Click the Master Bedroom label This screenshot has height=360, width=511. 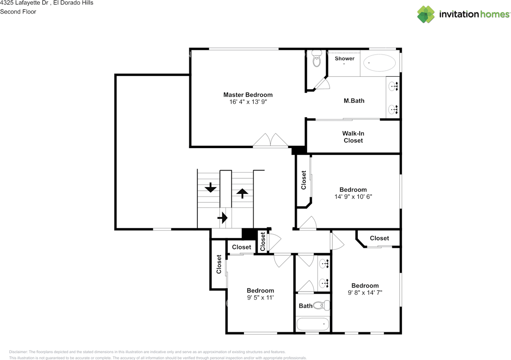248,95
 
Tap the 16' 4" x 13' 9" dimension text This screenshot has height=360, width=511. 248,102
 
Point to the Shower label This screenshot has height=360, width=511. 345,59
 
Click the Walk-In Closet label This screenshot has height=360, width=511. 353,137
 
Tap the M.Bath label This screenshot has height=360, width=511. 354,101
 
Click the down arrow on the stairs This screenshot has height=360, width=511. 210,187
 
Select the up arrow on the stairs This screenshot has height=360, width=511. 242,193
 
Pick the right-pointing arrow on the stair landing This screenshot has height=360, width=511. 222,218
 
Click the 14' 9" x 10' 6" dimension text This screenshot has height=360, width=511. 353,197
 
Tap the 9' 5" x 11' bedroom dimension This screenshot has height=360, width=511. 260,298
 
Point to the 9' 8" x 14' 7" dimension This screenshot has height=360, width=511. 365,293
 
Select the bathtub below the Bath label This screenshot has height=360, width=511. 313,324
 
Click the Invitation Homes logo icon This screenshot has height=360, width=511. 426,14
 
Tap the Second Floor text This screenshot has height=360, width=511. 18,12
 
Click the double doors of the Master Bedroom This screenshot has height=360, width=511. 271,140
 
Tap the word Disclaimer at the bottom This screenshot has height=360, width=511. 18,352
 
